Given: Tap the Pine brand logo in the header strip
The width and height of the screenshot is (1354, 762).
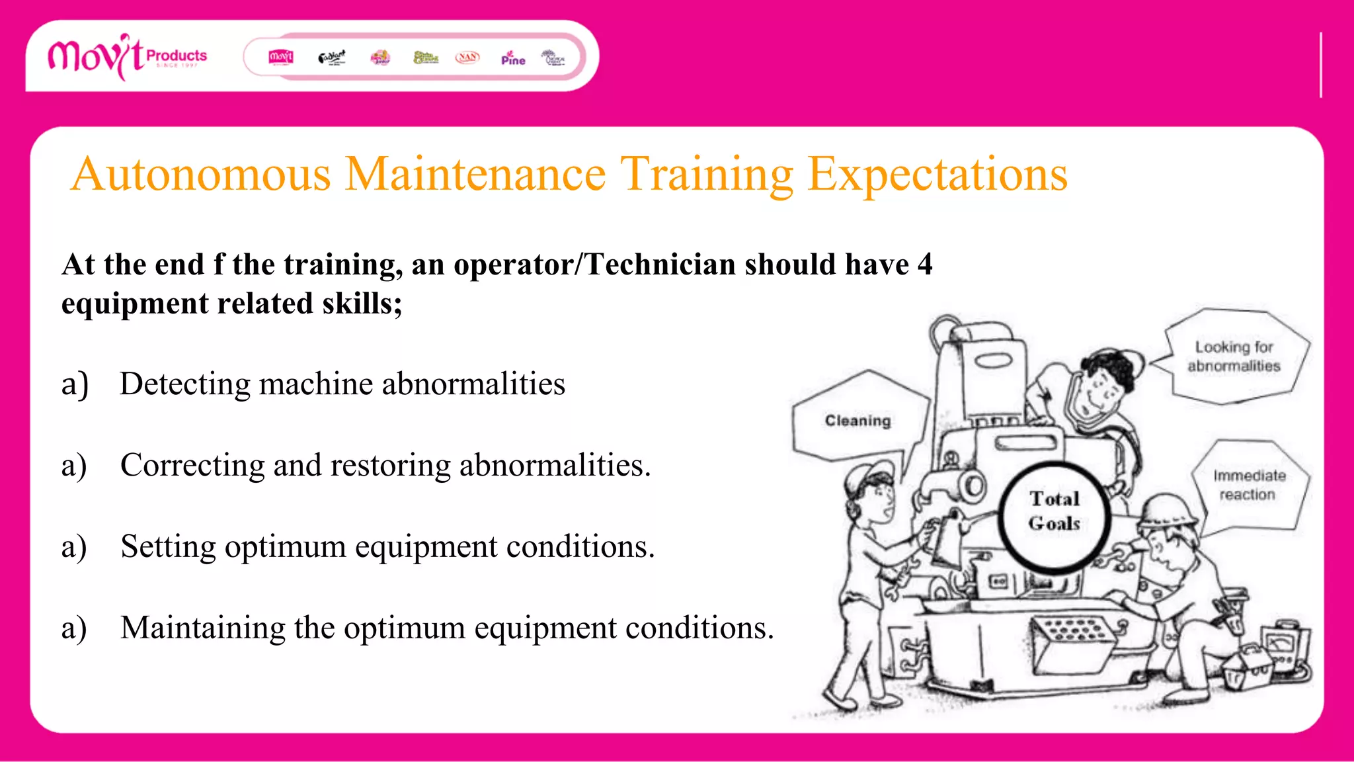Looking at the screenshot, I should click(x=512, y=58).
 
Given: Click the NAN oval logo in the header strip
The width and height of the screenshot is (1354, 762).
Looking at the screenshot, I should click(x=467, y=58).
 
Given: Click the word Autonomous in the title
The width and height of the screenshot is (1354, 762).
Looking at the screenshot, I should click(x=201, y=175).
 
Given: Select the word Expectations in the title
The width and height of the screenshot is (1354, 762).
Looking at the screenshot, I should click(x=937, y=175).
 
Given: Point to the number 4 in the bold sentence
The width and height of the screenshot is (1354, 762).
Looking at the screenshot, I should click(x=925, y=265).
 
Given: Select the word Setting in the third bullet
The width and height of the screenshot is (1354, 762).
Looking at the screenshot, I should click(x=168, y=547).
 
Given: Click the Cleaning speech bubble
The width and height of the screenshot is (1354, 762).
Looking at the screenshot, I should click(x=857, y=420).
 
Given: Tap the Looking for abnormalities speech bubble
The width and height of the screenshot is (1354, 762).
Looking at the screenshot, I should click(x=1234, y=356).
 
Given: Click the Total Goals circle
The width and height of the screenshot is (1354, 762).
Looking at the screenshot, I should click(x=1055, y=511).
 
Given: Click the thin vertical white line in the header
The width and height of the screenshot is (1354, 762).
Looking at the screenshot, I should click(x=1320, y=65).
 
